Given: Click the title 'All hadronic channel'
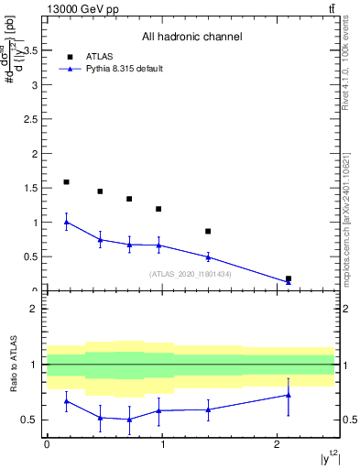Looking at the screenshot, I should pyautogui.click(x=191, y=38).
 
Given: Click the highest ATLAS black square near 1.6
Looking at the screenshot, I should pyautogui.click(x=66, y=182).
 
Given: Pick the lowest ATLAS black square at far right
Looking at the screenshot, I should pyautogui.click(x=289, y=278).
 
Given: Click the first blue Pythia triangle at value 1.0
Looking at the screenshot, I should pyautogui.click(x=66, y=222).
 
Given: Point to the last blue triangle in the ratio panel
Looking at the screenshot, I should pyautogui.click(x=289, y=395).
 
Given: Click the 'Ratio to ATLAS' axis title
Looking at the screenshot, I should pyautogui.click(x=13, y=364).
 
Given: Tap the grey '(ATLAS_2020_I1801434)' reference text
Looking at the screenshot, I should pyautogui.click(x=191, y=274).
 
